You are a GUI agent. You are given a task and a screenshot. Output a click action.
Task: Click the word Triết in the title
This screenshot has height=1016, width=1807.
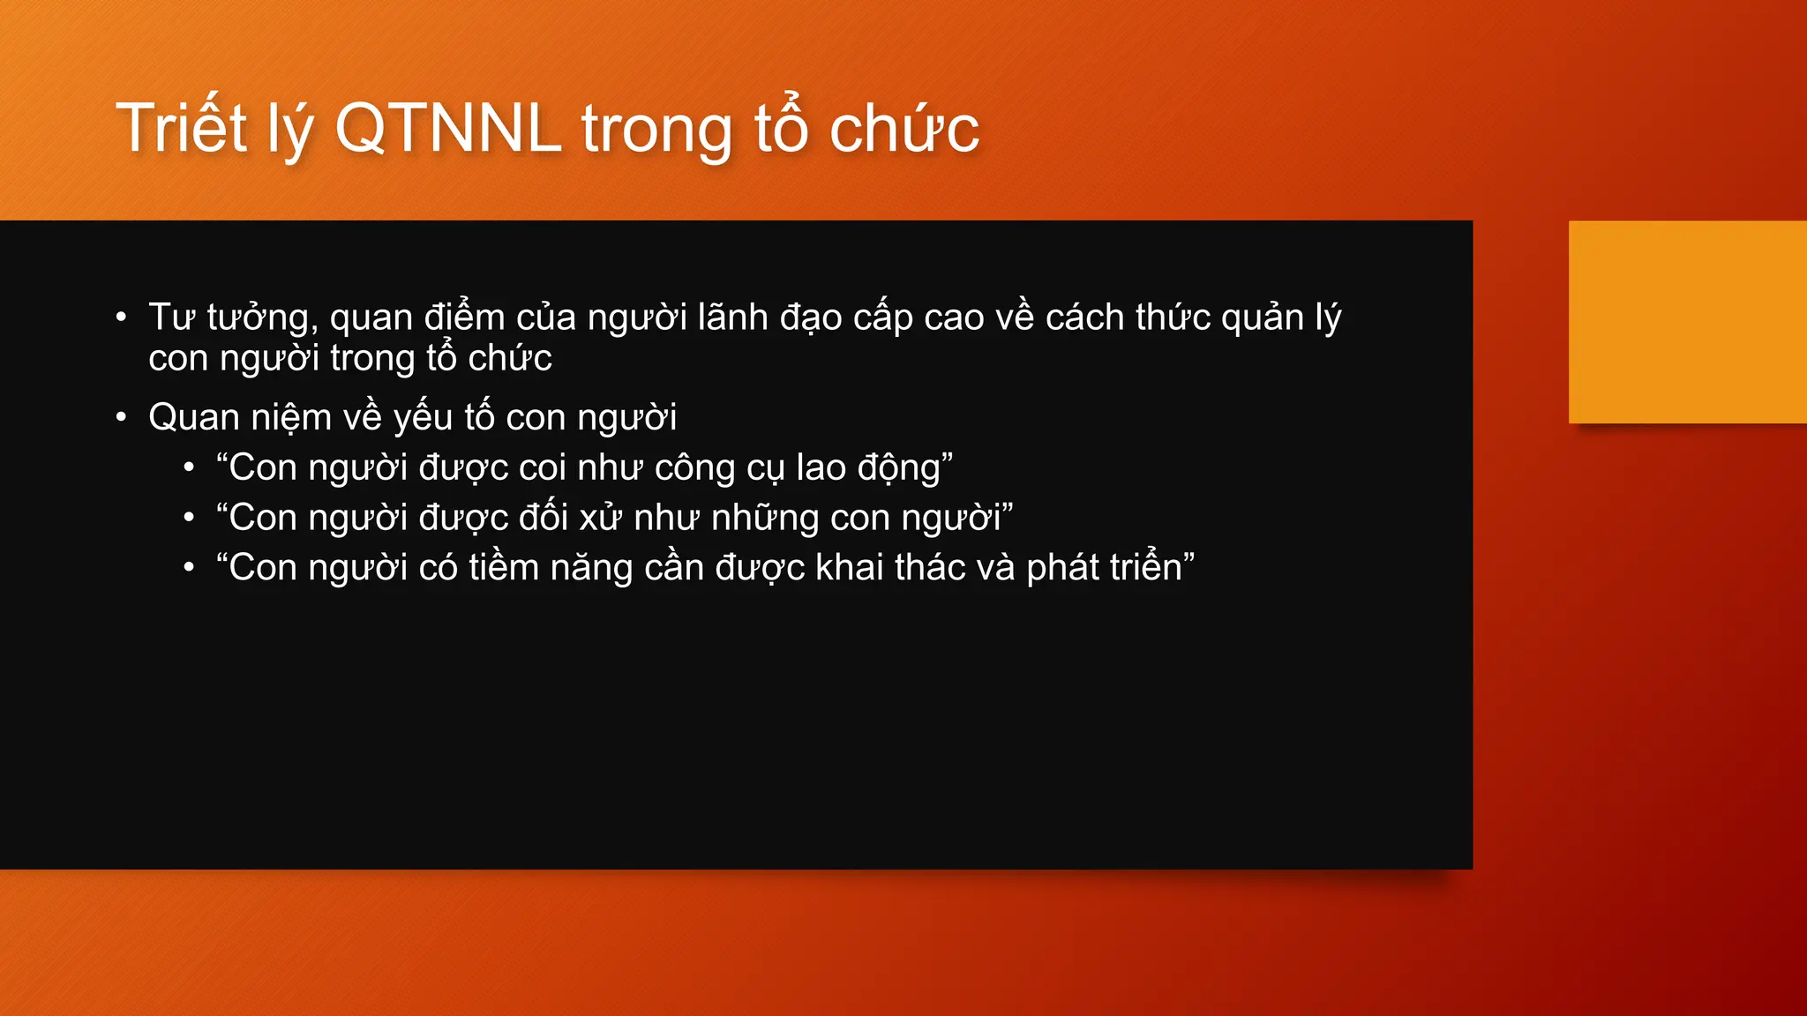point(182,129)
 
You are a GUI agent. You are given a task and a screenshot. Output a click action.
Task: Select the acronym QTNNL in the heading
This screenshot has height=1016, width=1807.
point(448,129)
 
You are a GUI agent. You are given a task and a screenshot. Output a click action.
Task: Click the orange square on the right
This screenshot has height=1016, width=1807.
point(1687,322)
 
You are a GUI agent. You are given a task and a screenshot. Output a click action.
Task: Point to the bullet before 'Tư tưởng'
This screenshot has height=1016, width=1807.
point(122,317)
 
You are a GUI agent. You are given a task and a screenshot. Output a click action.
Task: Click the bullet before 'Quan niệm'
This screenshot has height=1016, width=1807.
point(122,417)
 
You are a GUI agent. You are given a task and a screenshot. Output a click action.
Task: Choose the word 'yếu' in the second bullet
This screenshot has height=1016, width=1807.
point(423,418)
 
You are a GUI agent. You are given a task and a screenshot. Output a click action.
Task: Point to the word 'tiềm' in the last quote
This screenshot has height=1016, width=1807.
point(504,567)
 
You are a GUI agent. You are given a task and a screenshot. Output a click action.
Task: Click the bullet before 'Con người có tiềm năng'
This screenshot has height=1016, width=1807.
point(189,568)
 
